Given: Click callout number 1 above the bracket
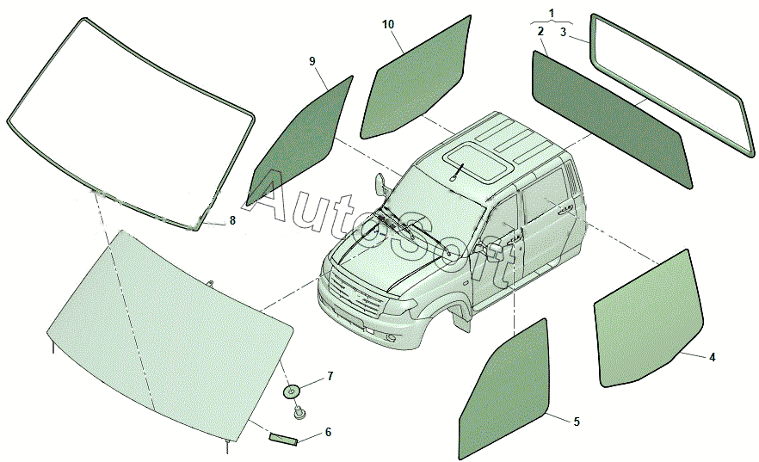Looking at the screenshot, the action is pyautogui.click(x=552, y=13).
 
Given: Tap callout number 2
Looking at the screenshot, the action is pyautogui.click(x=540, y=32).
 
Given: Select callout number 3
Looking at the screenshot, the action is pyautogui.click(x=564, y=33).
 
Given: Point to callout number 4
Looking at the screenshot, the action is pyautogui.click(x=712, y=358).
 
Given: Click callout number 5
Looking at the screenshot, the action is pyautogui.click(x=577, y=422).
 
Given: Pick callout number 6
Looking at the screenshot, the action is pyautogui.click(x=328, y=432).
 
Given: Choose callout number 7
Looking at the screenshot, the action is pyautogui.click(x=330, y=376).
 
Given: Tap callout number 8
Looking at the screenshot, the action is pyautogui.click(x=232, y=220).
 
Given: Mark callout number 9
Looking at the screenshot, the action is pyautogui.click(x=312, y=61).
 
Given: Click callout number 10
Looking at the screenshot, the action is pyautogui.click(x=388, y=25).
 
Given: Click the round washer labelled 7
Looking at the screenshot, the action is pyautogui.click(x=292, y=391).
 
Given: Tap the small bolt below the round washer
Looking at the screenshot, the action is pyautogui.click(x=299, y=413).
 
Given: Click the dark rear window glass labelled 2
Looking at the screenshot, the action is pyautogui.click(x=613, y=119).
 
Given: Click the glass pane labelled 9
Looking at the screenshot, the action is pyautogui.click(x=300, y=140).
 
